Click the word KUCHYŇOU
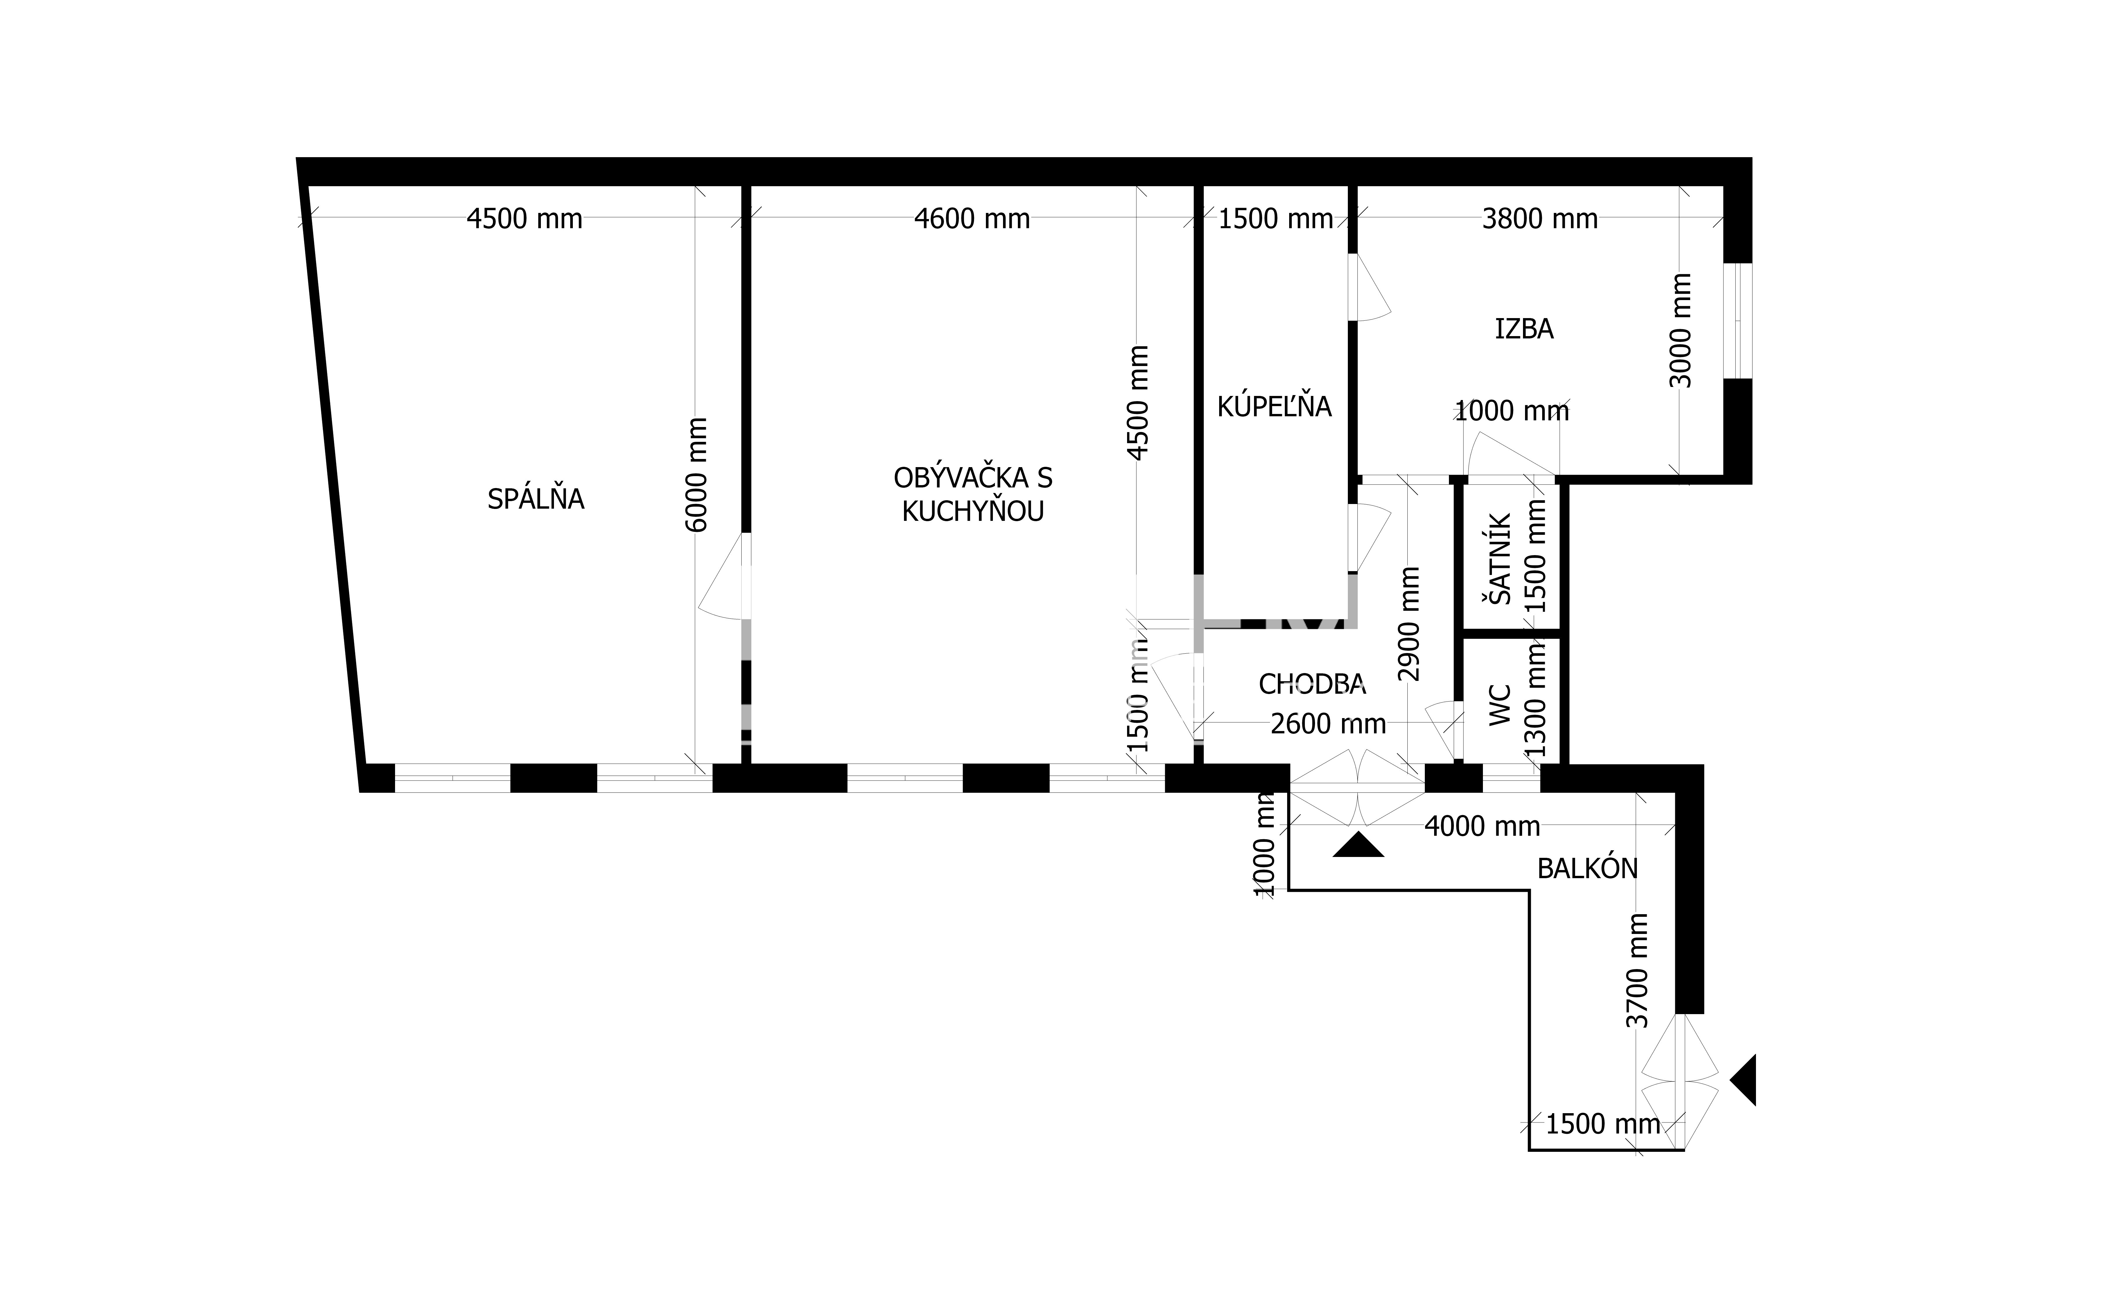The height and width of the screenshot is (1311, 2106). (x=973, y=512)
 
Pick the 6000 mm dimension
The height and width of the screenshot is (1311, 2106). (x=696, y=475)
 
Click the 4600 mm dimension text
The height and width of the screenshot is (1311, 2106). (x=972, y=219)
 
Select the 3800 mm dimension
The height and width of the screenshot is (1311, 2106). (x=1540, y=219)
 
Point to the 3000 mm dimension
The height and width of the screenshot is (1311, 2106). (x=1680, y=330)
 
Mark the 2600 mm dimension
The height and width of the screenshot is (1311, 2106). (x=1328, y=724)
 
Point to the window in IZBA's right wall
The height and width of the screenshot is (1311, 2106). (x=1737, y=321)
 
